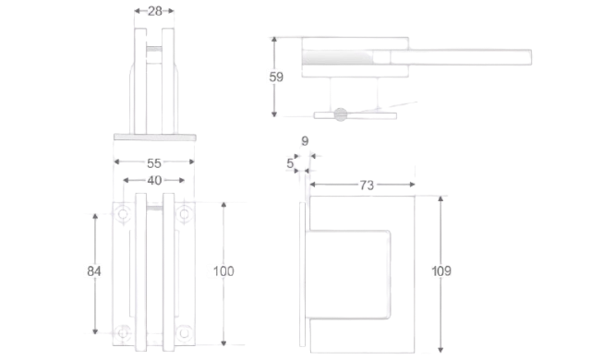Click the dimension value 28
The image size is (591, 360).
(x=154, y=11)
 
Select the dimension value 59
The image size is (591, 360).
(x=276, y=77)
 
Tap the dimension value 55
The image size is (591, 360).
(x=154, y=163)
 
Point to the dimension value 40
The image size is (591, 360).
(x=154, y=180)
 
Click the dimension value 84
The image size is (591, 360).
(x=94, y=271)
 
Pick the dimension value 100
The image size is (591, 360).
(x=223, y=271)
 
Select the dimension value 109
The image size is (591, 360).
(x=441, y=270)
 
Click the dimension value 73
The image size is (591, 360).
(x=367, y=185)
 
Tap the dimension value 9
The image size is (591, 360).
(x=305, y=141)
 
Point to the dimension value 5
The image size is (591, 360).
(x=290, y=163)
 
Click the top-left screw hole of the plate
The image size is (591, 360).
(x=123, y=214)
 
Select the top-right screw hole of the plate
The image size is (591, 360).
(x=185, y=214)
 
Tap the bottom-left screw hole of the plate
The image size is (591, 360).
(x=123, y=333)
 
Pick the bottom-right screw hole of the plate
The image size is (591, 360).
(x=185, y=333)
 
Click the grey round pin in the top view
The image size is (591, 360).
(x=341, y=114)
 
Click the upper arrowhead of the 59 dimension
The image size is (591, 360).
(x=274, y=40)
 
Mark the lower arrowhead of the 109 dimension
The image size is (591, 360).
(x=440, y=350)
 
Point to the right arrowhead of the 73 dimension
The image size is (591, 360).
(x=412, y=184)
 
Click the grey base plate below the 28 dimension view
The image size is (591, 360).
(x=155, y=138)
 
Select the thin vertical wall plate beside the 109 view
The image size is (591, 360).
(x=302, y=274)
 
